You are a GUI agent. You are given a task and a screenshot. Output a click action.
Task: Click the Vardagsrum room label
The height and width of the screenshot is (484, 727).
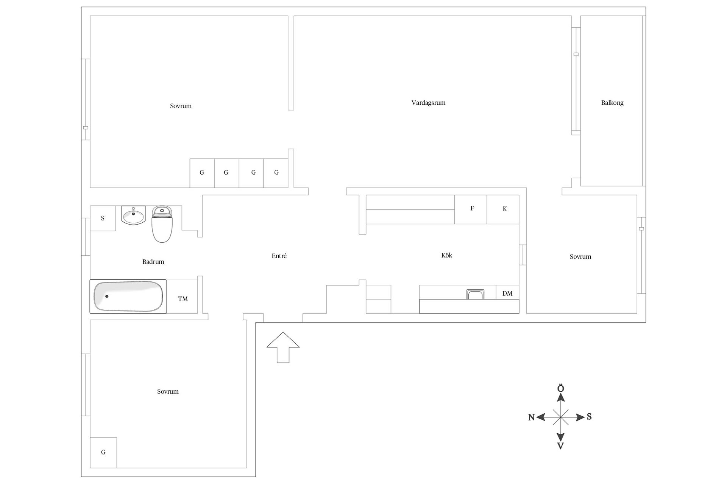pyautogui.click(x=428, y=103)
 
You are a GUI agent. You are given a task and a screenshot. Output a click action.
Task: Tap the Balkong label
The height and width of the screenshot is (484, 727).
pyautogui.click(x=612, y=103)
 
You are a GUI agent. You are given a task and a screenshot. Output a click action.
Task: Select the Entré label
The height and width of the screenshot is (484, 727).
pyautogui.click(x=279, y=256)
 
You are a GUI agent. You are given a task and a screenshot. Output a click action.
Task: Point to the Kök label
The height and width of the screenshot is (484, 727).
pyautogui.click(x=447, y=255)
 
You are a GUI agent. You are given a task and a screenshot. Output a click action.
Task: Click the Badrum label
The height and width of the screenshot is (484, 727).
pyautogui.click(x=153, y=262)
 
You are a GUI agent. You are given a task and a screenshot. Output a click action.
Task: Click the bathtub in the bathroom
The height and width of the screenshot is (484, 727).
pyautogui.click(x=128, y=296)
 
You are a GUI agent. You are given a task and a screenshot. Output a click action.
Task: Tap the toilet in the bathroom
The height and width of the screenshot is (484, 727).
pyautogui.click(x=162, y=224)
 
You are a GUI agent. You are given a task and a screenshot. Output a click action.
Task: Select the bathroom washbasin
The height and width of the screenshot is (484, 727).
pyautogui.click(x=133, y=215)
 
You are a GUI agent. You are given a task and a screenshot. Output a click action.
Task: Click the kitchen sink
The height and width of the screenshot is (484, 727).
pyautogui.click(x=475, y=294)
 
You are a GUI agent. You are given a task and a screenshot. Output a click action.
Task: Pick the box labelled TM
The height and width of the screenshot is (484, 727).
pyautogui.click(x=182, y=297)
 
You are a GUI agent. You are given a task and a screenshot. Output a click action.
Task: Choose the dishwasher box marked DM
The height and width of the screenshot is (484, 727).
pyautogui.click(x=507, y=292)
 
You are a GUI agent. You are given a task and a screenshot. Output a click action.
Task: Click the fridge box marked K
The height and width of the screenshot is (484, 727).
pyautogui.click(x=503, y=209)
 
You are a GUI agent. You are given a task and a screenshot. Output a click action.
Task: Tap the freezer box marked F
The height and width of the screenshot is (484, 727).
pyautogui.click(x=471, y=209)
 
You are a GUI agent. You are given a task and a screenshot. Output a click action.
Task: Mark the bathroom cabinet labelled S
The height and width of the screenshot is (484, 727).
pyautogui.click(x=103, y=218)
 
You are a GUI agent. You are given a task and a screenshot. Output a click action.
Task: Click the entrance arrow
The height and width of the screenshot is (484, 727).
pyautogui.click(x=283, y=347)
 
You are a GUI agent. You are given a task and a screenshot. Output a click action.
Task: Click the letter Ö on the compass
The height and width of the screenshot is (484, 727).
pyautogui.click(x=561, y=389)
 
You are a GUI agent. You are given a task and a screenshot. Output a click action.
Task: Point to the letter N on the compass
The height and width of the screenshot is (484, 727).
pyautogui.click(x=531, y=417)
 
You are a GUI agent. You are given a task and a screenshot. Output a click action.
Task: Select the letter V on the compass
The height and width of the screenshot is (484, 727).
pyautogui.click(x=560, y=446)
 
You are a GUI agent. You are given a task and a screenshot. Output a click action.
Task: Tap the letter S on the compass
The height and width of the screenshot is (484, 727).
pyautogui.click(x=589, y=417)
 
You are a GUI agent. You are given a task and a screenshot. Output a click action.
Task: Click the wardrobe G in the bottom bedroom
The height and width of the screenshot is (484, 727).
pyautogui.click(x=103, y=453)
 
